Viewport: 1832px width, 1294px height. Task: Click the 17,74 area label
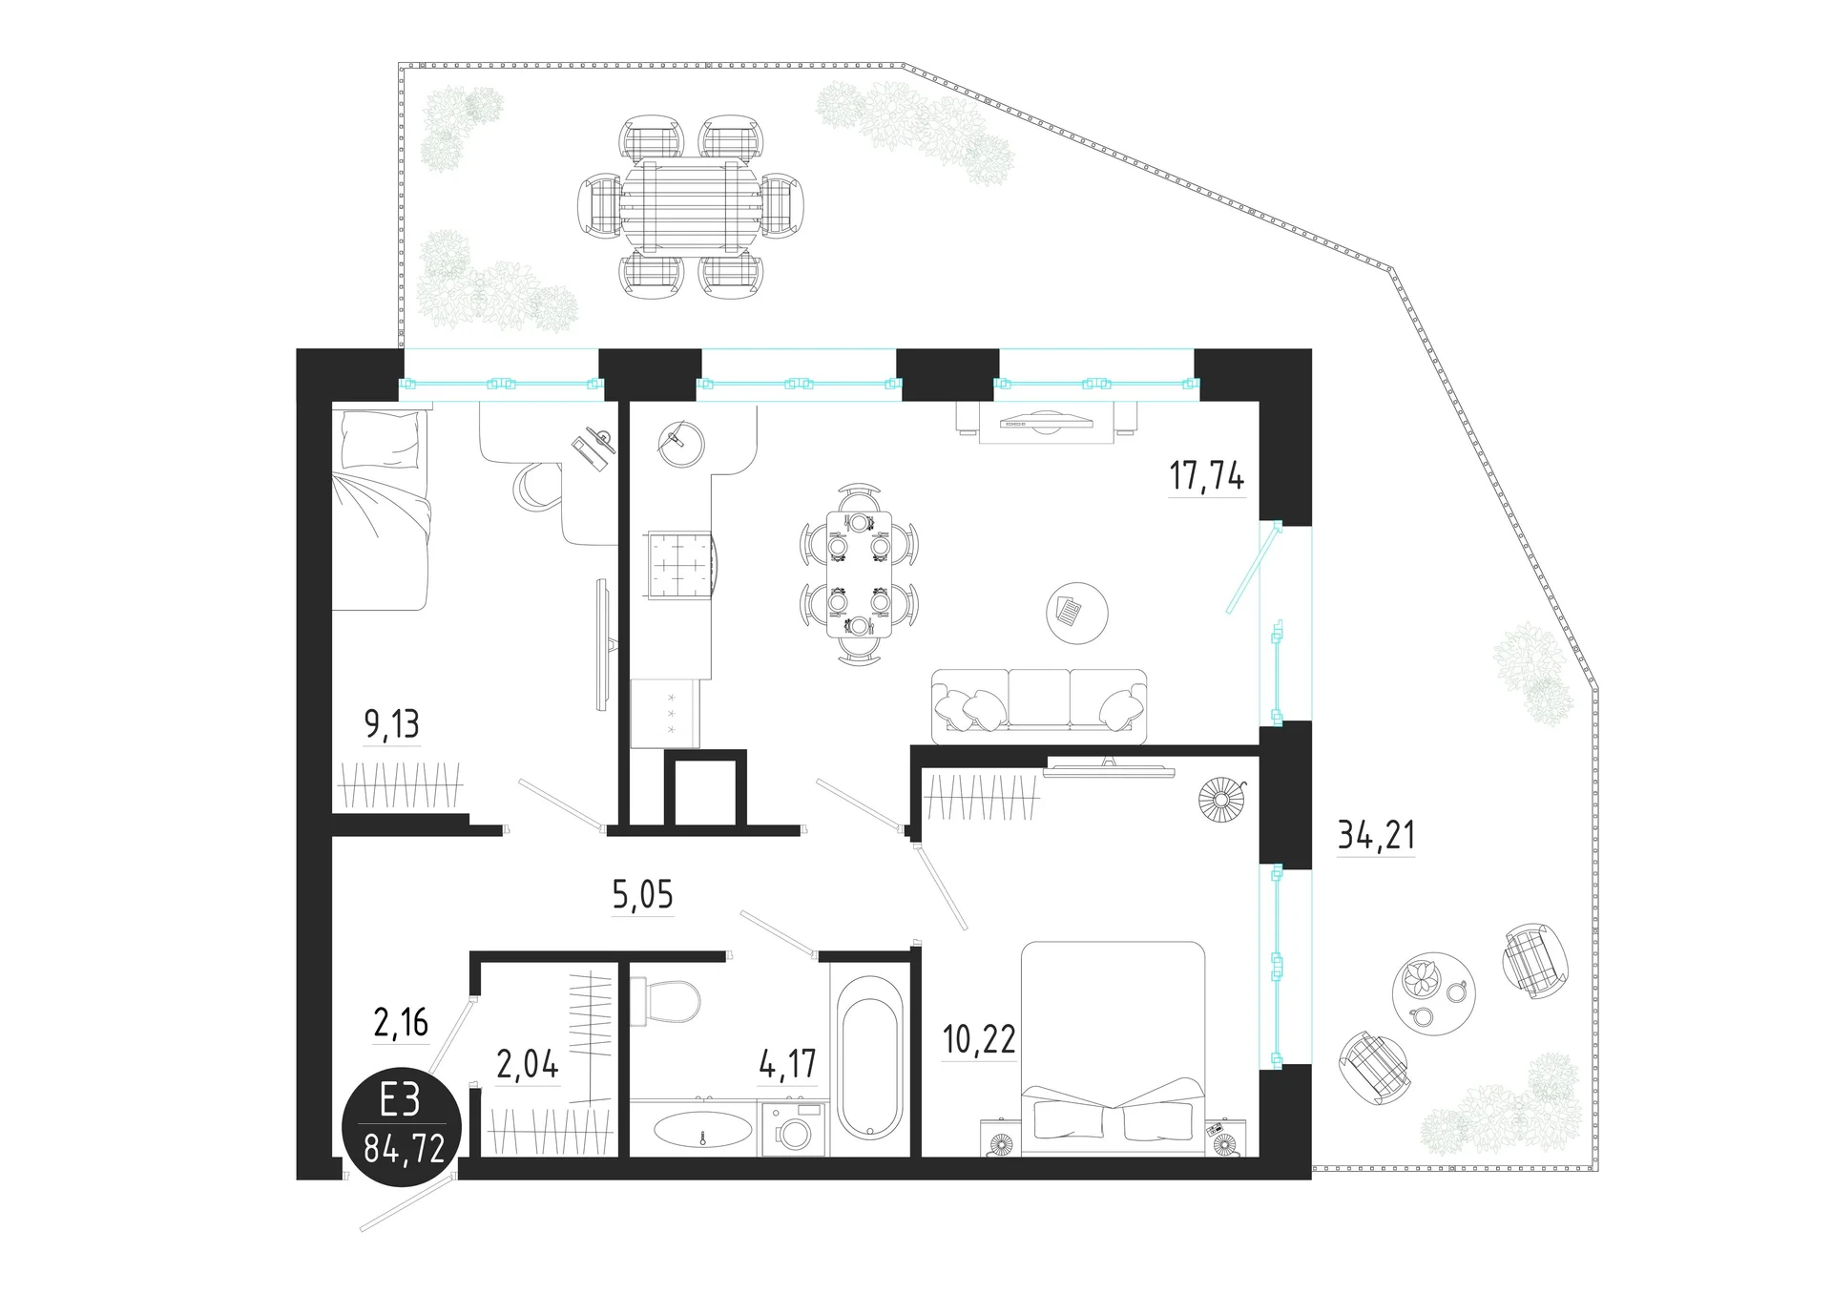point(1207,474)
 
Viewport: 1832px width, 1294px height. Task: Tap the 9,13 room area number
point(391,724)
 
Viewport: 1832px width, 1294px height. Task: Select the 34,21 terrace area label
point(1376,835)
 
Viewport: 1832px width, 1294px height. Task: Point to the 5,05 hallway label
point(642,895)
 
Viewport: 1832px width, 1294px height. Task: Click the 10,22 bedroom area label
point(979,1038)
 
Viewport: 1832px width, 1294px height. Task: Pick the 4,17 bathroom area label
point(788,1063)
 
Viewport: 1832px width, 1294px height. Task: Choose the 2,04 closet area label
point(528,1063)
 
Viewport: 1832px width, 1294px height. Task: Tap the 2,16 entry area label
point(401,1023)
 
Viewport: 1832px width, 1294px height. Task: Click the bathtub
point(866,1069)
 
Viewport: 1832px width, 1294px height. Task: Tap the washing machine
point(793,1129)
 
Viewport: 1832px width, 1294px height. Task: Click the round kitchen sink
point(680,441)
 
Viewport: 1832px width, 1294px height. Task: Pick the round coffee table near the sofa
point(1077,614)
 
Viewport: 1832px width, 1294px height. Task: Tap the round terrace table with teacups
point(1433,993)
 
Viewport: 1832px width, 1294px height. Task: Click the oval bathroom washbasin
point(701,1130)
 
